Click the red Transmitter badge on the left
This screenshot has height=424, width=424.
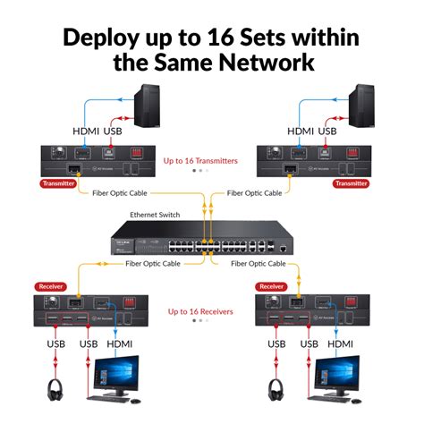click(x=57, y=183)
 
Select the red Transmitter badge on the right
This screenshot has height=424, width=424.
click(x=351, y=183)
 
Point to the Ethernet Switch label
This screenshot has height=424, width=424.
click(x=154, y=216)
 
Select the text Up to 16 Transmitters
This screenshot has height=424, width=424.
click(x=201, y=161)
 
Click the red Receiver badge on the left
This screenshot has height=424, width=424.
click(x=51, y=286)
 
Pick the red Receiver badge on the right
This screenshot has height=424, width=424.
click(x=271, y=286)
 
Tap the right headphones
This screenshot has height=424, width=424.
click(x=277, y=390)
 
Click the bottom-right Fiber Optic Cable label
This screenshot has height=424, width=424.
click(x=259, y=264)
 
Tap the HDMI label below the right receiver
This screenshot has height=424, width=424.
click(x=341, y=343)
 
